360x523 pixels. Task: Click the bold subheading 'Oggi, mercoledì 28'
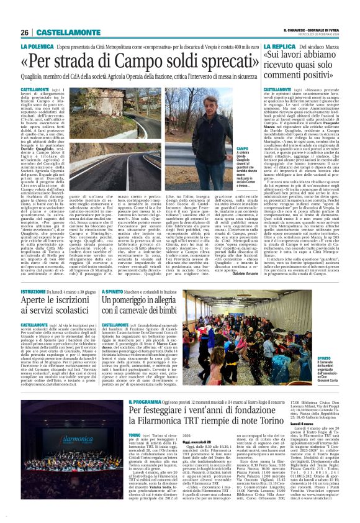(178, 460)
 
